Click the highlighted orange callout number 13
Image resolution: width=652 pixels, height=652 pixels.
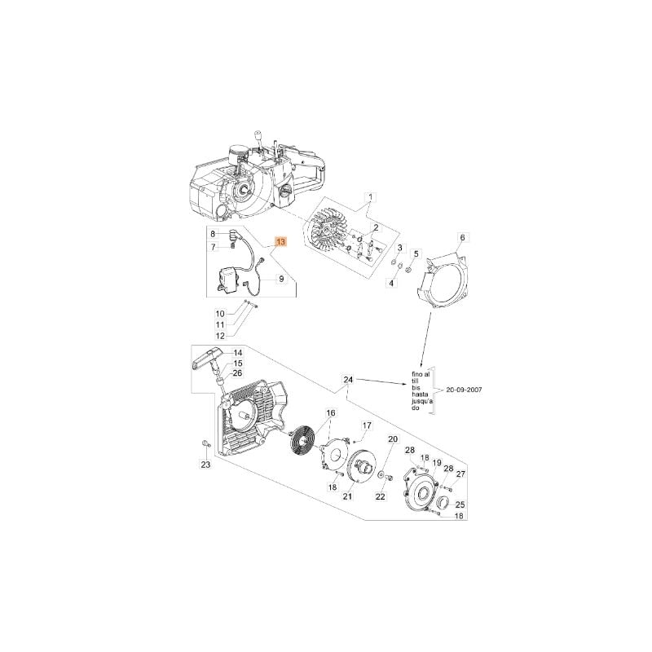point(281,241)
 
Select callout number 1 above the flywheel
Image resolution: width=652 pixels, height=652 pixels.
point(371,196)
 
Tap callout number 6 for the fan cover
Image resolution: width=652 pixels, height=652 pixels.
point(462,237)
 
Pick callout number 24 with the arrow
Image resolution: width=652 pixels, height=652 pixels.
point(348,380)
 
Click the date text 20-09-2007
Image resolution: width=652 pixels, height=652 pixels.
point(464,390)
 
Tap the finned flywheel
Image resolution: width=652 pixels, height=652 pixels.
point(328,234)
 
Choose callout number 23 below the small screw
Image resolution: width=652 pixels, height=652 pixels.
point(206,465)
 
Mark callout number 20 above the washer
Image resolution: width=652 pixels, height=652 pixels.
point(393,439)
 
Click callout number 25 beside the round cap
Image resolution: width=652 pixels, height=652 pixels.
point(460,504)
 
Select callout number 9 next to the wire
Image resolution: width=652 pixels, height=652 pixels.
point(281,279)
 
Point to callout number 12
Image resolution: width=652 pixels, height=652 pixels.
point(220,336)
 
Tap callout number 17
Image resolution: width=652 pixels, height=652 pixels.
point(366,425)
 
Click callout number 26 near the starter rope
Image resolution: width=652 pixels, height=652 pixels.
point(237,373)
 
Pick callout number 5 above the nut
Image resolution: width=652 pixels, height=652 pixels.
point(417,253)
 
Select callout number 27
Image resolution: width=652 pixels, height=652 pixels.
point(460,474)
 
